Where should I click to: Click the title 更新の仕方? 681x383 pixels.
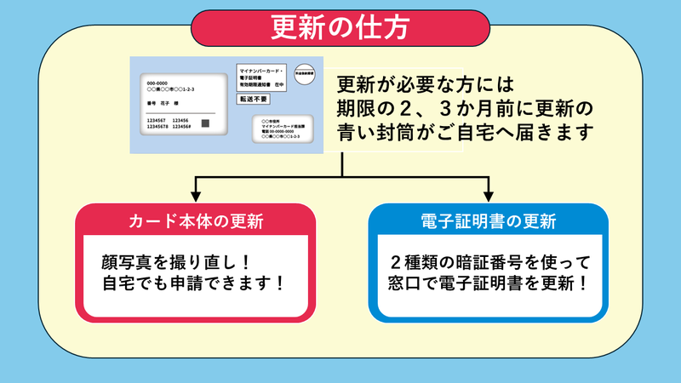pyautogui.click(x=340, y=26)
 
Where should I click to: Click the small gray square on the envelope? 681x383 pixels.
pyautogui.click(x=205, y=124)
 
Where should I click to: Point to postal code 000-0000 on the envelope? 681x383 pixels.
pyautogui.click(x=158, y=82)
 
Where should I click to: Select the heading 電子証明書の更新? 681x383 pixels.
pyautogui.click(x=488, y=222)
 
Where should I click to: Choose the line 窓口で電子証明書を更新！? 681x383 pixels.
pyautogui.click(x=489, y=283)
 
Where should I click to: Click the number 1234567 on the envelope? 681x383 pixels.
pyautogui.click(x=159, y=120)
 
